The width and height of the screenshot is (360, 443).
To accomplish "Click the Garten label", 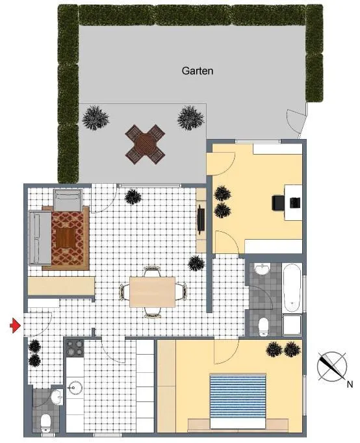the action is click(x=198, y=71).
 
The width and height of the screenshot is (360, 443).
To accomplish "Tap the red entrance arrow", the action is click(x=15, y=325).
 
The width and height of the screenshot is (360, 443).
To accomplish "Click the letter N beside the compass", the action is click(x=350, y=385).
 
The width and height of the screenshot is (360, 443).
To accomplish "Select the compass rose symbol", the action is click(x=332, y=366).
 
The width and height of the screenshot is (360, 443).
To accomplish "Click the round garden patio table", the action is click(x=145, y=144).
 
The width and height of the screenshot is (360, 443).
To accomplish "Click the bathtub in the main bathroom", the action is click(x=292, y=288).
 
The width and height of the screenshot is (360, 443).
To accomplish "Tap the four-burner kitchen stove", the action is click(x=75, y=348).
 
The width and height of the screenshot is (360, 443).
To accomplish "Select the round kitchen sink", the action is click(x=75, y=387).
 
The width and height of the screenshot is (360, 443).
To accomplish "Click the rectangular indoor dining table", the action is click(x=152, y=292).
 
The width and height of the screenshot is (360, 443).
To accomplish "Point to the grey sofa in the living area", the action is click(x=40, y=238).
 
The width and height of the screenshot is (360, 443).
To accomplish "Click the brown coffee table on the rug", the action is click(x=66, y=238).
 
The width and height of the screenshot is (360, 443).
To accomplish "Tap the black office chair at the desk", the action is click(x=277, y=203).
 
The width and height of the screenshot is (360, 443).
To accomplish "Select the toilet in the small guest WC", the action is click(x=45, y=422).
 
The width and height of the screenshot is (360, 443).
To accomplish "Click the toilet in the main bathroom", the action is click(x=264, y=327).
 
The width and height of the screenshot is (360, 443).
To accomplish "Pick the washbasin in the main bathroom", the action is click(x=263, y=269).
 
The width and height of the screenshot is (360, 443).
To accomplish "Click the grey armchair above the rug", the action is click(x=68, y=200).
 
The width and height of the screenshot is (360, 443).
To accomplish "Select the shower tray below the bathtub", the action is click(x=292, y=325).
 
